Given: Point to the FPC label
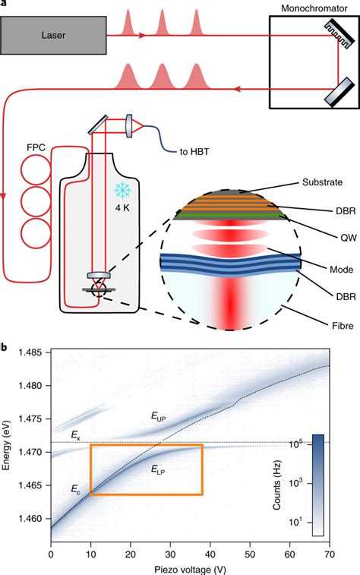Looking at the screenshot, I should pyautogui.click(x=34, y=144).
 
